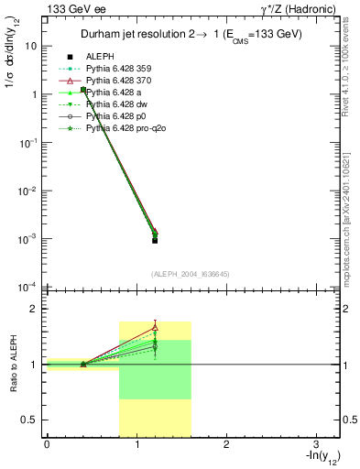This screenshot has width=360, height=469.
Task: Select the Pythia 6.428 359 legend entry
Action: click(x=118, y=70)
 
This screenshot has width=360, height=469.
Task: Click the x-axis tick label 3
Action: click(x=314, y=444)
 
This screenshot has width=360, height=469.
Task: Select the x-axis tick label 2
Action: click(x=225, y=444)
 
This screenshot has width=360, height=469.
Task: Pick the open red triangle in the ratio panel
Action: click(x=155, y=327)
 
